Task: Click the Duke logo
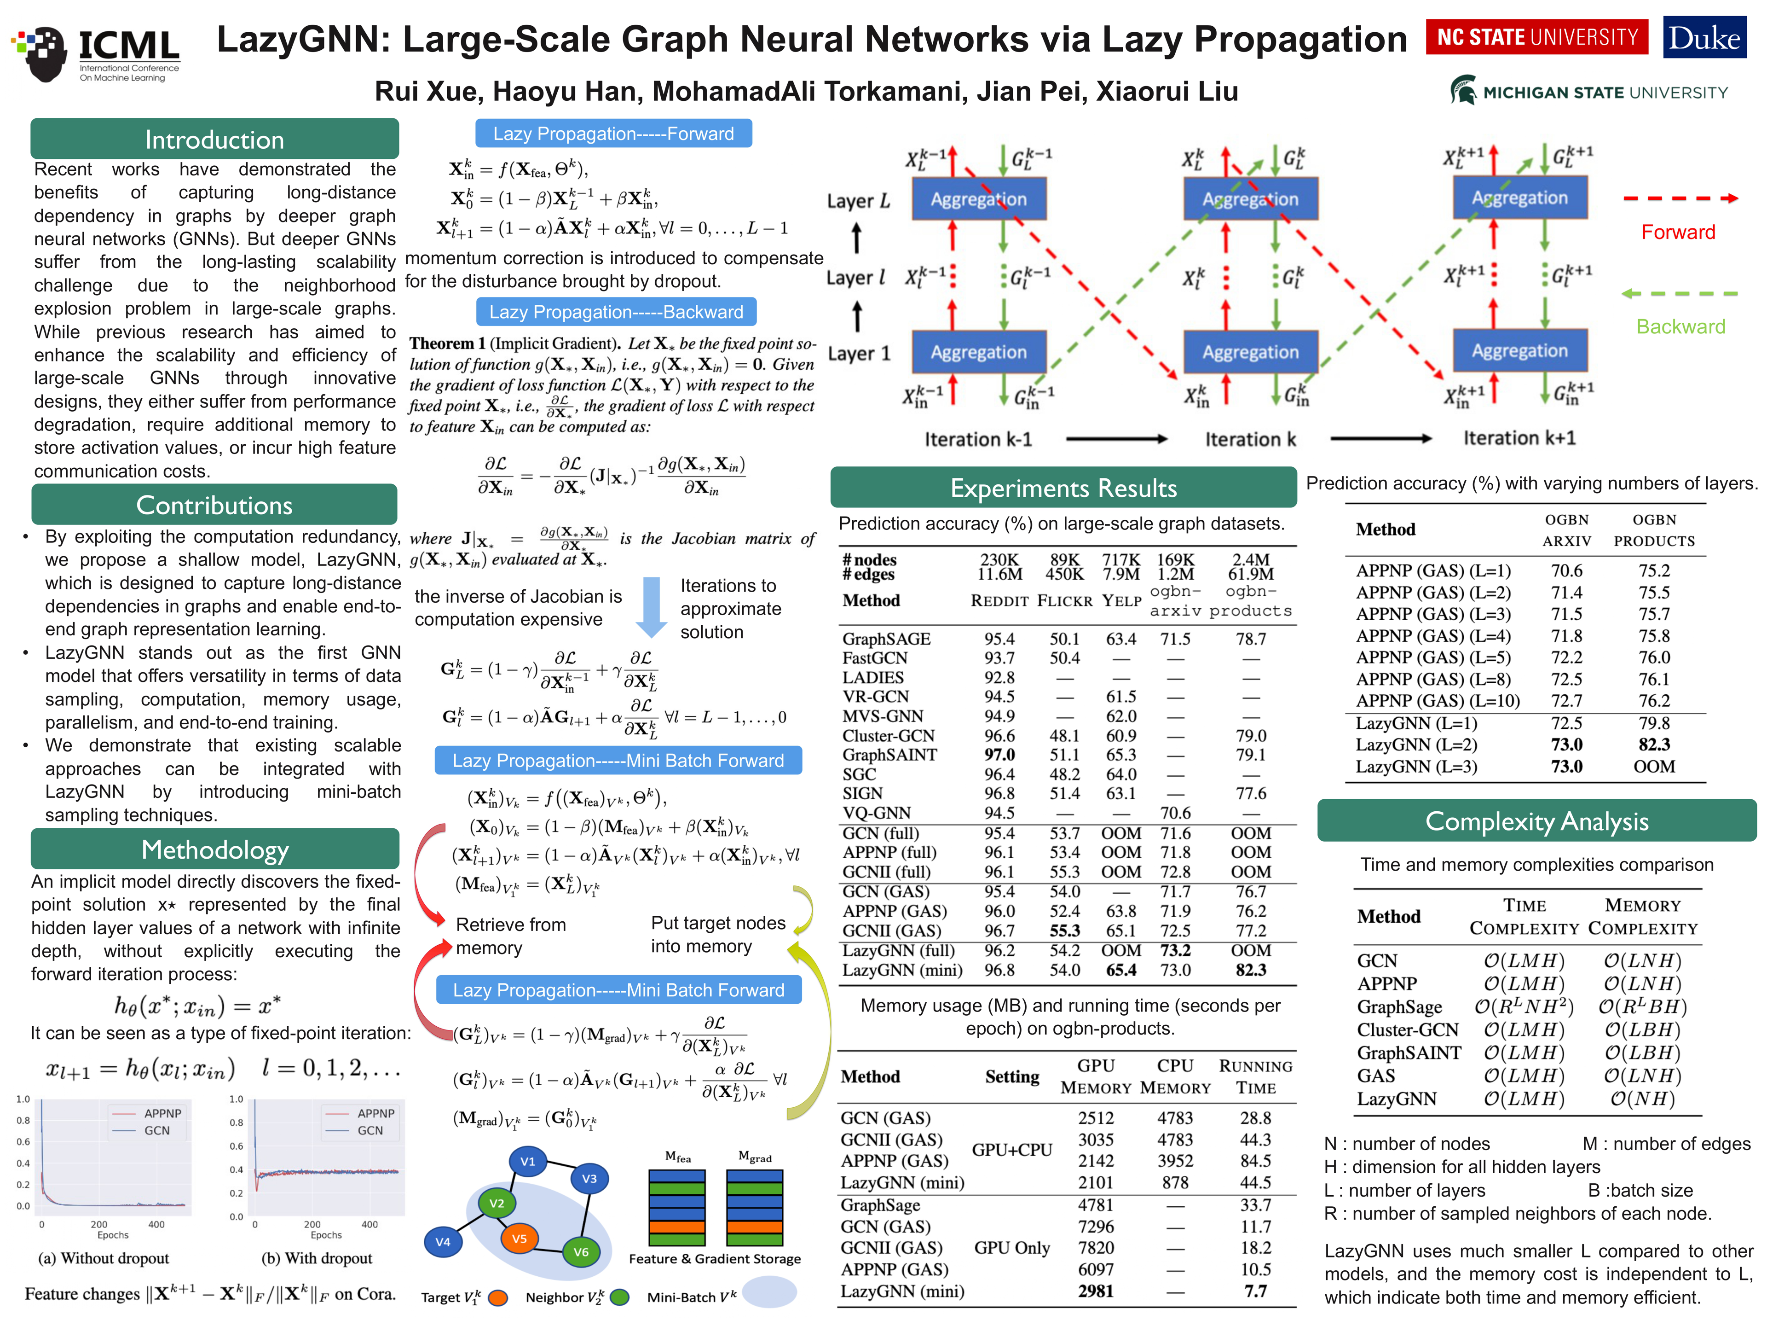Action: pyautogui.click(x=1704, y=38)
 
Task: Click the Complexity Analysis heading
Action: pyautogui.click(x=1536, y=821)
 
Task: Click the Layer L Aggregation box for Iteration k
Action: pyautogui.click(x=1250, y=199)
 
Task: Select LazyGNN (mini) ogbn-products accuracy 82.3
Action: pyautogui.click(x=1250, y=970)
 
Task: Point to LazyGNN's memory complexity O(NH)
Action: pyautogui.click(x=1641, y=1099)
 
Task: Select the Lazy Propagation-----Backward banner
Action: pyautogui.click(x=616, y=312)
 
